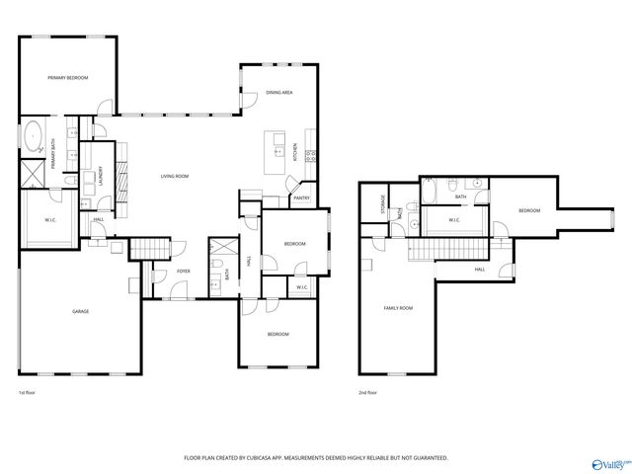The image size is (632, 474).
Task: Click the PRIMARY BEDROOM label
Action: tap(68, 77)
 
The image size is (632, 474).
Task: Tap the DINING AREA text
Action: tap(278, 93)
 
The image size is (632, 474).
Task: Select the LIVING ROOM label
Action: tap(175, 176)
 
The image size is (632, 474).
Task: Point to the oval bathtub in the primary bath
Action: tap(32, 134)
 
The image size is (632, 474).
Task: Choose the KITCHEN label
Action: tap(294, 152)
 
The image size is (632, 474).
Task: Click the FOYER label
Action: tap(184, 271)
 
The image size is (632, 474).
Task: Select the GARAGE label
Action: tap(80, 311)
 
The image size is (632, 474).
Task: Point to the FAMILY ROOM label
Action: tap(398, 308)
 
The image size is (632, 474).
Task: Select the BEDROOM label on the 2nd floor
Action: tap(530, 210)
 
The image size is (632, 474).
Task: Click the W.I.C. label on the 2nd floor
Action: tap(456, 220)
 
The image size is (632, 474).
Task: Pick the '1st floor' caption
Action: tap(28, 393)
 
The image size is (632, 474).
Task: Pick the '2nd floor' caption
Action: tap(369, 393)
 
